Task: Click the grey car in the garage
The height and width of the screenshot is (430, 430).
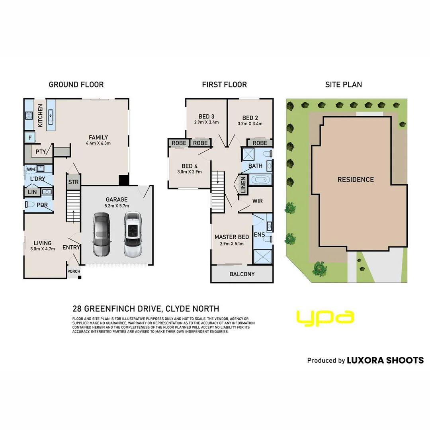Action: (x=101, y=235)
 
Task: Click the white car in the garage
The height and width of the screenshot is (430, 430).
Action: (x=133, y=234)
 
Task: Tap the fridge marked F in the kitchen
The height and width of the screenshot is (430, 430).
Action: (x=30, y=138)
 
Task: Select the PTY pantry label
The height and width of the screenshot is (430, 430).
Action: (x=41, y=152)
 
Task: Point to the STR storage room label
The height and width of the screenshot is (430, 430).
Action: (x=73, y=182)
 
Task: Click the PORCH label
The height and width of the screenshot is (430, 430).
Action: (x=74, y=272)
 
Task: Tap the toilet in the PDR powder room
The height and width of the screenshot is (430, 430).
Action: (x=29, y=204)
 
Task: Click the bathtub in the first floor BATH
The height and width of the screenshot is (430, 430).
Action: (x=260, y=180)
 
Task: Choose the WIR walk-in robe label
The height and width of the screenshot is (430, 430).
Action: (x=257, y=201)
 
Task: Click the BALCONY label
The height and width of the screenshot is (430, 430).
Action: (x=242, y=274)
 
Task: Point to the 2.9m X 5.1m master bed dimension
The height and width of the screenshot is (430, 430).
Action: (x=232, y=244)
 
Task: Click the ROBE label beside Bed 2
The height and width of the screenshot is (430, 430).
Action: (x=260, y=143)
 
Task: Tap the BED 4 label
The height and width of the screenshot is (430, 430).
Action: (x=190, y=166)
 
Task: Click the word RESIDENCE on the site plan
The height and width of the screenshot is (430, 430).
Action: (x=356, y=180)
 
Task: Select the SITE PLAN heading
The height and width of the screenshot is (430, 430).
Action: (x=344, y=85)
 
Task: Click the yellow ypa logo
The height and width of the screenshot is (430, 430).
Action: (x=325, y=318)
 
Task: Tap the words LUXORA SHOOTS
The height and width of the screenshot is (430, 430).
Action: (x=385, y=360)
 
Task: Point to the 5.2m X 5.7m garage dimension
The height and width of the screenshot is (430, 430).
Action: (x=117, y=206)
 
